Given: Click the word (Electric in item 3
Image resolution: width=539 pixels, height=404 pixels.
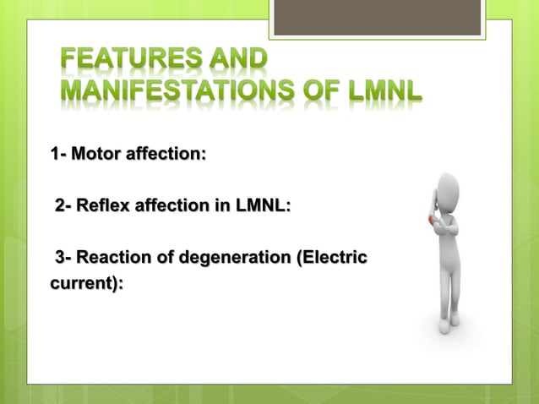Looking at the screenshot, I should coord(329,257).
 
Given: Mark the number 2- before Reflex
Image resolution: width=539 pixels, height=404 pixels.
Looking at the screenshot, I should coord(64,206).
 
